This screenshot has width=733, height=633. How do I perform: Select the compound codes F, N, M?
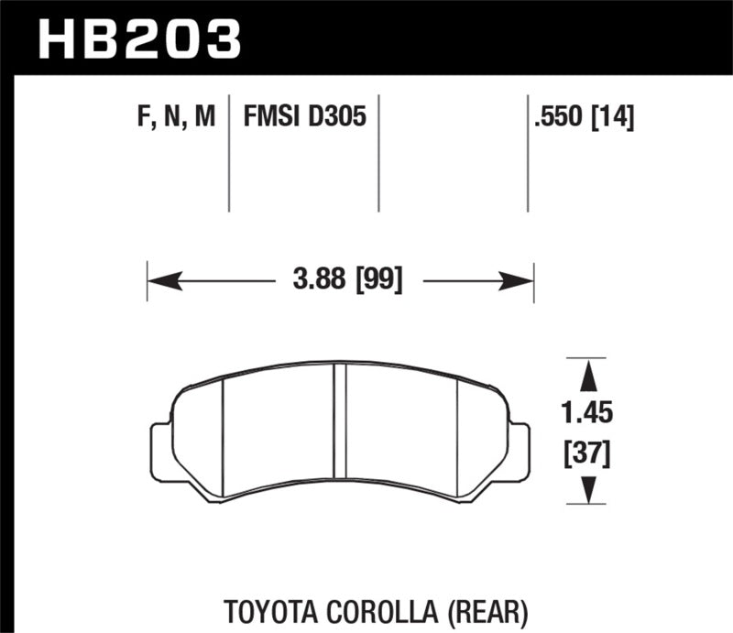176,116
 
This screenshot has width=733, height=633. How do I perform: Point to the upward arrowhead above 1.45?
586,371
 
